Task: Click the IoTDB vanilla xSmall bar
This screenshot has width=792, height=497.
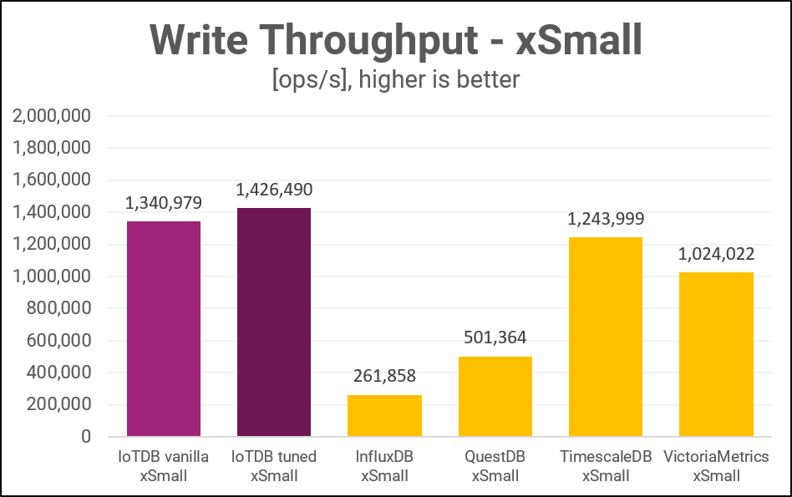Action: coord(164,328)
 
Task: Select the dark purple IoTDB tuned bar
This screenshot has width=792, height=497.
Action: coord(274,322)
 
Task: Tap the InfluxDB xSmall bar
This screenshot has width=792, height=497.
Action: coord(384,415)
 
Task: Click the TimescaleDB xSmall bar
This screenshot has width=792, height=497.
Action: coord(606,337)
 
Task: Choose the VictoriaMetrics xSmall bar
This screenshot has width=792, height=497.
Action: coord(716,354)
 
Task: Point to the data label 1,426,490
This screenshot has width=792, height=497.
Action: coord(274,190)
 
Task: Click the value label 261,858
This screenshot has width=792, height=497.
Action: coord(384,377)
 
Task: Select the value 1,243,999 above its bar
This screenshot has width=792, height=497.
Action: coord(606,220)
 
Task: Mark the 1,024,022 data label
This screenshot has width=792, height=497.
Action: coord(716,255)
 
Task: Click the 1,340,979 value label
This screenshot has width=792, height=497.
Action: coord(164,204)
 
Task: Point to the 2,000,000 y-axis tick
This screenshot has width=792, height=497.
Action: coord(53,116)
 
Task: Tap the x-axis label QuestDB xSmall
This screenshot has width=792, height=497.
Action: coord(495,466)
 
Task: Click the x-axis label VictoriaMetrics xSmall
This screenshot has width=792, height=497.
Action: coord(716,466)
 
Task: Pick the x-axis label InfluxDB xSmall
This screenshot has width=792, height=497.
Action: coord(384,466)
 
